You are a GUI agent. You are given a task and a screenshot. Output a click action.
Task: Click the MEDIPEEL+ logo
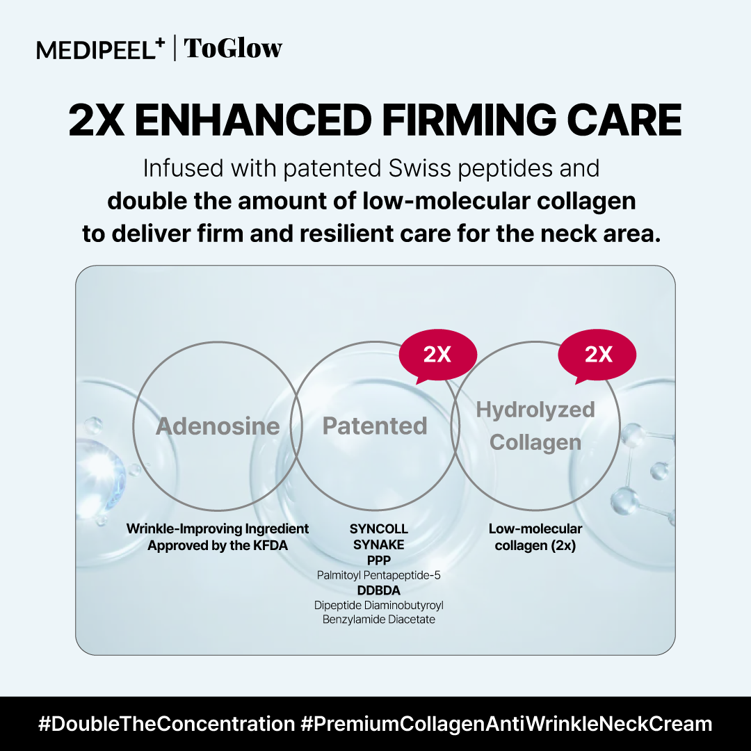pos(101,49)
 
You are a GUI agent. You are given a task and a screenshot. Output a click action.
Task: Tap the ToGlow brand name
pos(233,49)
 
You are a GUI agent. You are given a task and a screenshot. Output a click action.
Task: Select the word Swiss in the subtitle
pos(419,168)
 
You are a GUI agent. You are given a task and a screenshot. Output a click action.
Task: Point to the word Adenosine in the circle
pos(218,426)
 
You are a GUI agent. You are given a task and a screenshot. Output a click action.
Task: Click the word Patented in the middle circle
pos(375,426)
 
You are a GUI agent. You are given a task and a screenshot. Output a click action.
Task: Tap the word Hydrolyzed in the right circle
pos(535,410)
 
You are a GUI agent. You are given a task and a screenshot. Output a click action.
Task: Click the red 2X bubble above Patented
pos(437,355)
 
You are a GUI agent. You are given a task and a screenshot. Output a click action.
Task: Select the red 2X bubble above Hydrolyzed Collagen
pos(598,355)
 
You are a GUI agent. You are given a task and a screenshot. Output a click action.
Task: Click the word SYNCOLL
pos(379,528)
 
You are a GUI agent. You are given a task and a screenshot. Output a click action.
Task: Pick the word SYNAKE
pos(379,544)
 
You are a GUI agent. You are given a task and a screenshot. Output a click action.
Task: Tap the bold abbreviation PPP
pos(379,560)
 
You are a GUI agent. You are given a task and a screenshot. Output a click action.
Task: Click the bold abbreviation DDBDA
pos(379,590)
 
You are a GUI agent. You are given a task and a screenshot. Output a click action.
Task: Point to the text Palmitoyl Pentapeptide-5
pos(379,575)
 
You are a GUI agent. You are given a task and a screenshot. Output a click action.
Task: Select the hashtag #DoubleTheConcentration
pos(167,724)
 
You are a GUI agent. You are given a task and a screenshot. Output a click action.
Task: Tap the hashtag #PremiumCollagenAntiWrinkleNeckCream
pos(507,724)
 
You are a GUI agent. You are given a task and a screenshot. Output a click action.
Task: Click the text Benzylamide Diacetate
pos(379,620)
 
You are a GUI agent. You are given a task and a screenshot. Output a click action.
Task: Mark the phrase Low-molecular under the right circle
pos(535,528)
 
